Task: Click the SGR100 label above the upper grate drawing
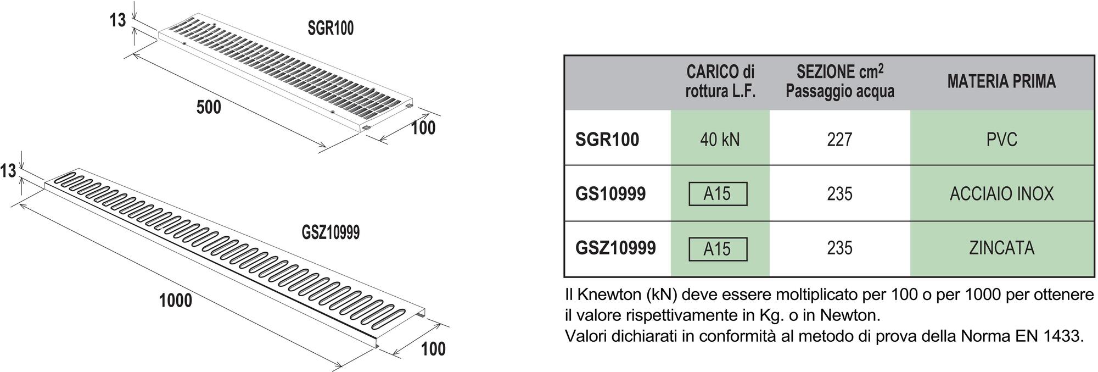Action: (x=330, y=28)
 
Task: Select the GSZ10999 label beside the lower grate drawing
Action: (x=330, y=232)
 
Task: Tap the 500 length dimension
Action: (x=209, y=107)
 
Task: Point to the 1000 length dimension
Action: (x=176, y=301)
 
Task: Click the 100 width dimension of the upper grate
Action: (x=423, y=128)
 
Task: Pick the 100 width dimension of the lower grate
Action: (x=433, y=349)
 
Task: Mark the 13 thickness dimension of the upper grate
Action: (x=118, y=21)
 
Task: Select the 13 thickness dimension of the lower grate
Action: (x=8, y=171)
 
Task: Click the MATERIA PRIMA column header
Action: (x=1001, y=82)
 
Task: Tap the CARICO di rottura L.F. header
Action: (x=720, y=81)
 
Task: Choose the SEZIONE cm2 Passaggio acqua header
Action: (x=840, y=81)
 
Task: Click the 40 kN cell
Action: (x=720, y=140)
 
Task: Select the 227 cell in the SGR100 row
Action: (x=839, y=140)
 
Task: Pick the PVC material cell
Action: (x=1002, y=140)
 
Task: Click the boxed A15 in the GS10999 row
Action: (x=718, y=194)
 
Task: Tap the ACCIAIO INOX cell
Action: (x=1002, y=194)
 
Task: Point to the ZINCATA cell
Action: (x=1002, y=248)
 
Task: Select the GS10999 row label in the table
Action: (x=610, y=194)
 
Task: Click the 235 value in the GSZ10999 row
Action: (x=839, y=248)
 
